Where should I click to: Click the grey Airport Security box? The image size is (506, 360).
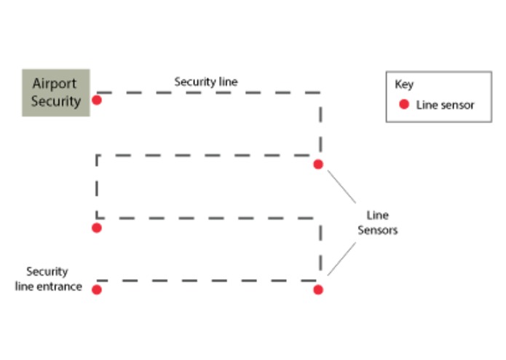pos(55,93)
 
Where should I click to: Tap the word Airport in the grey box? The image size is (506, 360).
pos(55,83)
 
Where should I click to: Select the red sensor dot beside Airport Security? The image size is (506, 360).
pos(96,100)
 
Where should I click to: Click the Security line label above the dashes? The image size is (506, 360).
pos(205,82)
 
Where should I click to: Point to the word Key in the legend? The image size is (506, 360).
pos(403,84)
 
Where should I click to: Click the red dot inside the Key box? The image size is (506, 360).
pos(403,105)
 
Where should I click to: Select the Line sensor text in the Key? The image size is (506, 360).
pos(445,105)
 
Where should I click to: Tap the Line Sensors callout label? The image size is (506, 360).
pos(377,222)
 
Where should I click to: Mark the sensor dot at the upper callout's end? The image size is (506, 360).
pos(318,165)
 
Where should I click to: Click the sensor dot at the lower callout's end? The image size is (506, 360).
pos(318,289)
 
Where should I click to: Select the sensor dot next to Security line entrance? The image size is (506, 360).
pos(96,289)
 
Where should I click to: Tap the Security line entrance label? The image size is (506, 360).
pos(48,278)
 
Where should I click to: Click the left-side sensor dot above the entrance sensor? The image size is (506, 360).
pos(96,228)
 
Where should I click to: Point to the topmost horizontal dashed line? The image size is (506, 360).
pos(207,93)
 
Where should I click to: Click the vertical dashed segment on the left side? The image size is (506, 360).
pos(97,186)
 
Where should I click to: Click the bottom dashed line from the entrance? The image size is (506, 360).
pos(207,280)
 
